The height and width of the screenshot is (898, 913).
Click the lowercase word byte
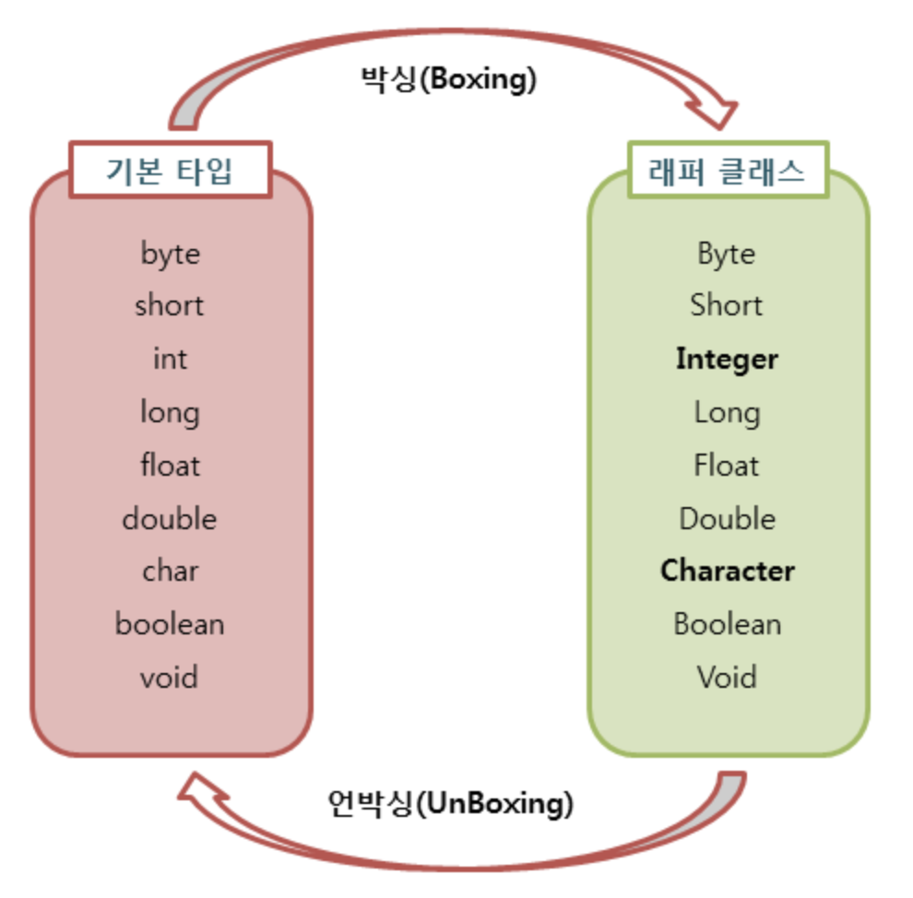tap(170, 253)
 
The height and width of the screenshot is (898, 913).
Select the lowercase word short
tap(170, 305)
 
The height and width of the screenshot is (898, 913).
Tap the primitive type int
tap(170, 358)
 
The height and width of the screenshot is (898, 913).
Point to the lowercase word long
tap(170, 412)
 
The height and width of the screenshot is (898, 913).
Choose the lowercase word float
tap(170, 465)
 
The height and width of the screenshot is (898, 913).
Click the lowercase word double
tap(170, 518)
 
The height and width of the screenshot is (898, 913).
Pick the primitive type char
tap(170, 571)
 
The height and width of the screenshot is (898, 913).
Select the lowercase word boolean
tap(170, 624)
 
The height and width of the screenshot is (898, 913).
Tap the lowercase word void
tap(170, 678)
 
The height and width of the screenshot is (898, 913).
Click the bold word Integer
tap(727, 359)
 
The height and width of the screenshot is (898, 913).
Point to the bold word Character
tap(727, 571)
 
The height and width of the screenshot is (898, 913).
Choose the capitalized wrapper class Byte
tap(727, 253)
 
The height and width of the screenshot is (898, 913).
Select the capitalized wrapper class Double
tap(727, 518)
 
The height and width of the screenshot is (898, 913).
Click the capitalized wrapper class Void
tap(727, 678)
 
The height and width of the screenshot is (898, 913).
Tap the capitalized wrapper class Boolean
tap(727, 624)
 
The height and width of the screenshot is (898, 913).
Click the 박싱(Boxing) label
tap(448, 78)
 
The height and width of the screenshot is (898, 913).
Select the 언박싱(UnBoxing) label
tap(450, 803)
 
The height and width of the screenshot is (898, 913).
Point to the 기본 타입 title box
tap(171, 170)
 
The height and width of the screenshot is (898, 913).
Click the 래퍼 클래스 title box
tap(728, 170)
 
